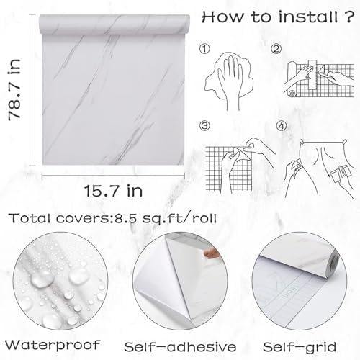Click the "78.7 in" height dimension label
point(14,89)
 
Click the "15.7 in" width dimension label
point(113,191)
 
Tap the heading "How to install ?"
point(278,17)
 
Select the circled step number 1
point(204,49)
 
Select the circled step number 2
point(276,49)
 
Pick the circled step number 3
point(204,126)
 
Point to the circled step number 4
point(282,126)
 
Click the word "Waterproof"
point(53,345)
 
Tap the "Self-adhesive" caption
point(180,347)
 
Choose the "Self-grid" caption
point(300,347)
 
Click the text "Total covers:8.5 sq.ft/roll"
point(112,218)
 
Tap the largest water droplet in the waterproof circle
point(42,279)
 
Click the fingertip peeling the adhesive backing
point(211,253)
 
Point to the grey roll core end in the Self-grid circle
point(334,266)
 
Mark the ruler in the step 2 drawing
point(312,75)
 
